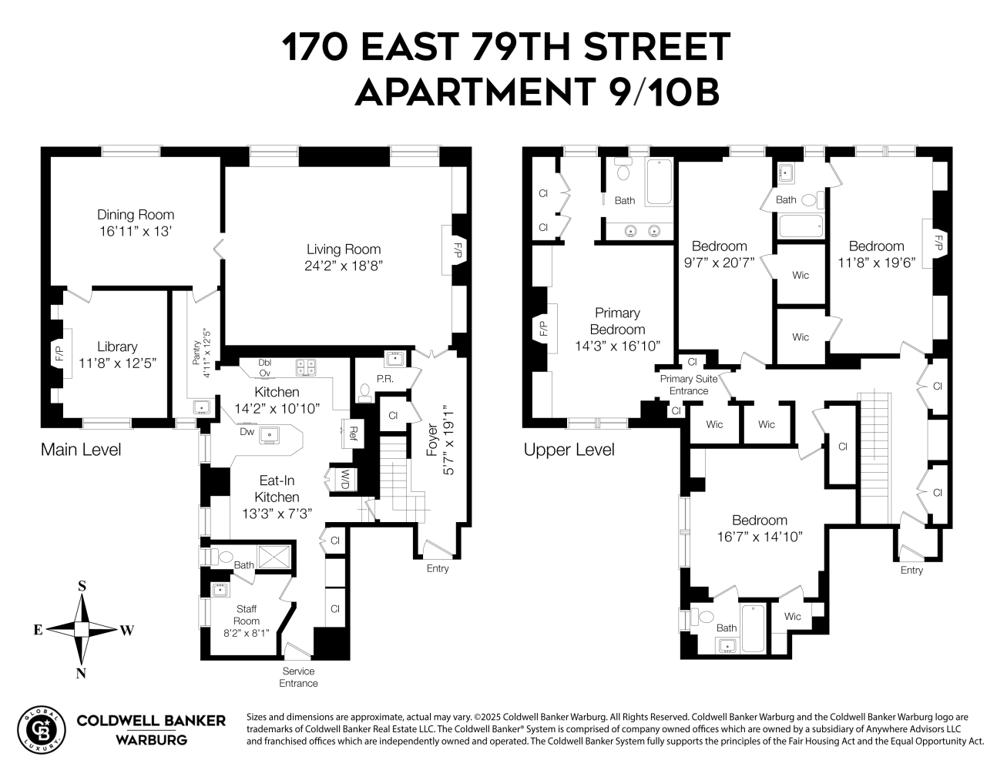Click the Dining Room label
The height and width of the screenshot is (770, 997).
click(x=136, y=215)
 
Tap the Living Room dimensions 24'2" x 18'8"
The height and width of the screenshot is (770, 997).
click(x=344, y=266)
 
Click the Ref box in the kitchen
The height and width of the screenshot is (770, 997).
click(x=353, y=432)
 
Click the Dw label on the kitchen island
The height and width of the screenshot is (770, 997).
click(x=247, y=432)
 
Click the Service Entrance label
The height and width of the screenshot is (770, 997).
click(x=298, y=677)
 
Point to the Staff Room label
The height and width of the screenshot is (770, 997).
click(x=247, y=614)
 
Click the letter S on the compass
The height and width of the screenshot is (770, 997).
click(x=81, y=586)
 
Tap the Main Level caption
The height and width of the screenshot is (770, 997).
click(x=81, y=450)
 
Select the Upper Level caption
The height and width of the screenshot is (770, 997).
click(x=569, y=450)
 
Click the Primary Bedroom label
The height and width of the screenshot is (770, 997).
click(x=617, y=321)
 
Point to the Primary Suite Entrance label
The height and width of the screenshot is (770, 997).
click(x=688, y=384)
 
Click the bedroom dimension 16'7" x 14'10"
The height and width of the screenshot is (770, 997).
click(x=760, y=537)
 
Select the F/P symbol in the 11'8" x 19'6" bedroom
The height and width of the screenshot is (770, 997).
click(x=938, y=243)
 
